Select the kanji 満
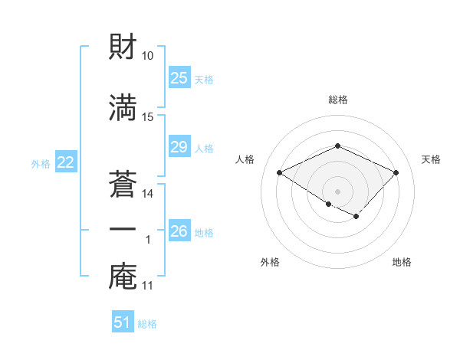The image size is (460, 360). [x=123, y=107]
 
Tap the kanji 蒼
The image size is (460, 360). [x=123, y=183]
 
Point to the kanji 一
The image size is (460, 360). [x=123, y=229]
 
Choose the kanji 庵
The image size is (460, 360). [x=123, y=277]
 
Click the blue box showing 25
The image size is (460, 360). [x=179, y=78]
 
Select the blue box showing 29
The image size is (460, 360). [x=179, y=147]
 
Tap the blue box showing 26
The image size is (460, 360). [x=179, y=231]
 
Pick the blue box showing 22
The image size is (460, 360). [x=65, y=162]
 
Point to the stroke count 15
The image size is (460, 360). [x=148, y=117]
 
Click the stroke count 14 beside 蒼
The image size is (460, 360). [x=148, y=194]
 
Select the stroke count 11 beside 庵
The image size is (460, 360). [x=148, y=286]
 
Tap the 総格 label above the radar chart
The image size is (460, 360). [x=337, y=100]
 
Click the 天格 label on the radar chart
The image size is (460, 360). [x=431, y=159]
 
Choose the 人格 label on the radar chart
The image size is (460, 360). [x=245, y=159]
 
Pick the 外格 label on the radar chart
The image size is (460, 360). [x=269, y=262]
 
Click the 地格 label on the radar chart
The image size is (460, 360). [x=402, y=262]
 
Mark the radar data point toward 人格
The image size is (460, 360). [x=280, y=173]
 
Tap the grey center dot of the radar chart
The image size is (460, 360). [x=337, y=191]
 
